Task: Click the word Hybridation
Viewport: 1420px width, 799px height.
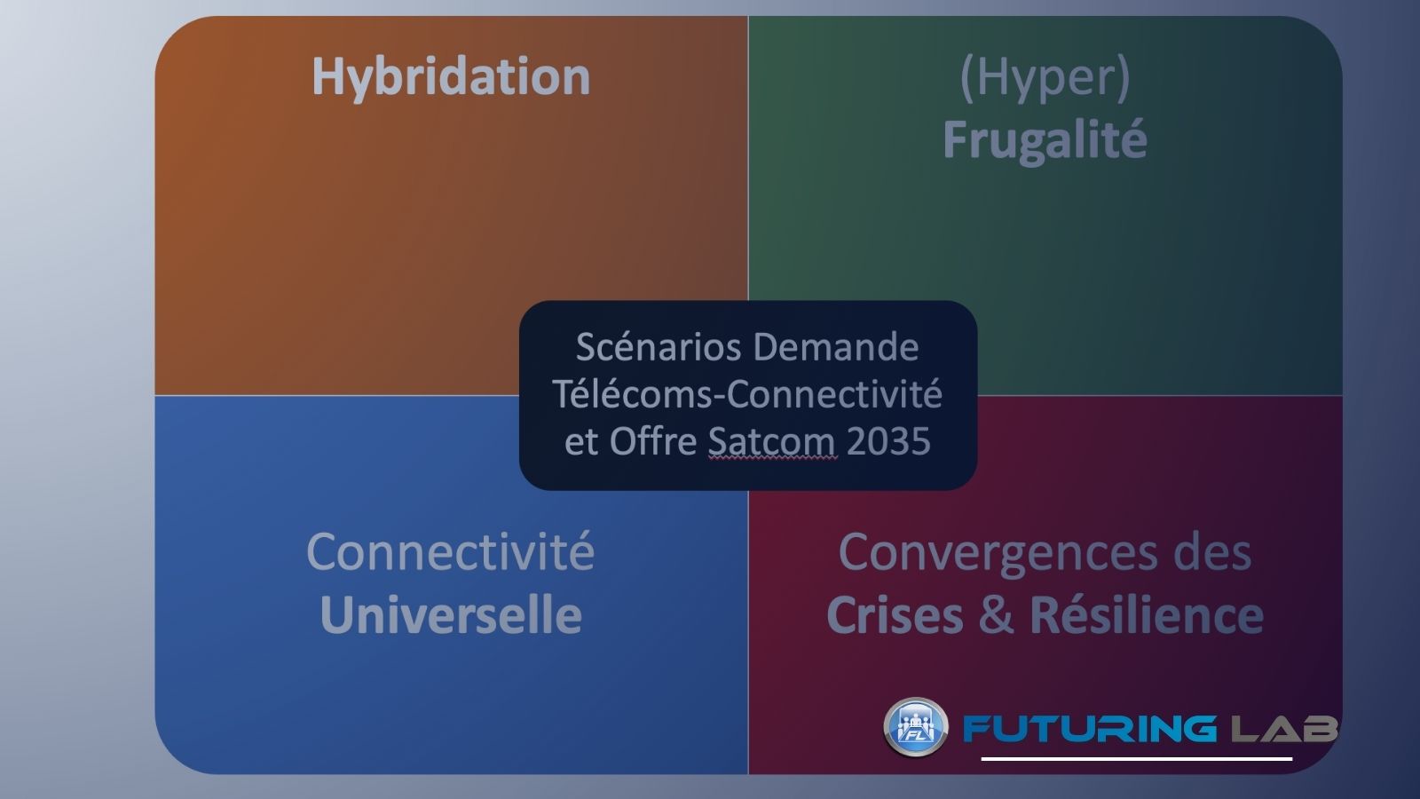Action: [451, 76]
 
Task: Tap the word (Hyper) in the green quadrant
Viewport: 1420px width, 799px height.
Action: [1045, 77]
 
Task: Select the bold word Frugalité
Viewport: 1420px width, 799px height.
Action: [1045, 140]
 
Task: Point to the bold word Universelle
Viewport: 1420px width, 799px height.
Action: [450, 615]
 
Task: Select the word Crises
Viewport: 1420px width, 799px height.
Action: [894, 615]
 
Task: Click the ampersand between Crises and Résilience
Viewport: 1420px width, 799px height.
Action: [996, 615]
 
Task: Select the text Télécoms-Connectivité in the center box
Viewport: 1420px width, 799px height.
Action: [747, 393]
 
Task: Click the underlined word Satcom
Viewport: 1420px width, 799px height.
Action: [772, 441]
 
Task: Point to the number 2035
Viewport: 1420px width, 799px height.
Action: [888, 441]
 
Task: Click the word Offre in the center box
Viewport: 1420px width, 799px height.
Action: [652, 441]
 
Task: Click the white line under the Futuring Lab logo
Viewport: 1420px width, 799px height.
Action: [1136, 759]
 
